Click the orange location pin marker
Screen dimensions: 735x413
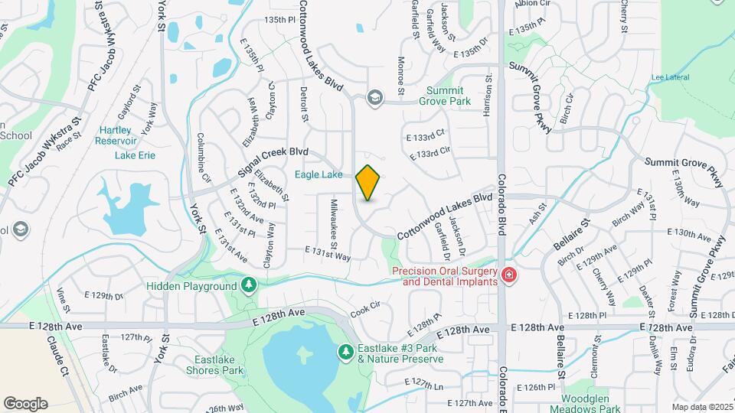[x=367, y=183]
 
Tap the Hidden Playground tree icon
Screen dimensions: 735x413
[x=248, y=285]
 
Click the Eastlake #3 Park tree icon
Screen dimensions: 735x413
[x=345, y=352]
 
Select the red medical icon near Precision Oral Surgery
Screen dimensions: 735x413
[x=508, y=275]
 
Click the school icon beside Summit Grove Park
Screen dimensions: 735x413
[x=374, y=96]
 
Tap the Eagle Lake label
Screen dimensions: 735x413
[x=318, y=175]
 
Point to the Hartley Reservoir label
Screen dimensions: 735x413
[x=116, y=135]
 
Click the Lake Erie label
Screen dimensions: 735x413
[x=135, y=155]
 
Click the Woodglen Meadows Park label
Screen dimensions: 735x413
[x=590, y=404]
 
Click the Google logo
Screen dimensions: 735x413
[x=25, y=403]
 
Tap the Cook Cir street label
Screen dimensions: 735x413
[x=365, y=308]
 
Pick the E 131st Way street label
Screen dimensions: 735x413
[x=327, y=254]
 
